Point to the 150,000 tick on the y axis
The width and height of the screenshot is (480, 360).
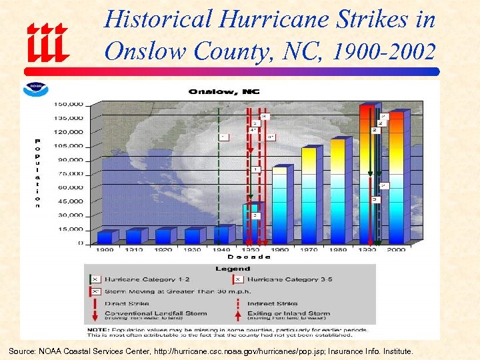pyautogui.click(x=69, y=104)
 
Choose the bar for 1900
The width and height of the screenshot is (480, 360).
pyautogui.click(x=105, y=237)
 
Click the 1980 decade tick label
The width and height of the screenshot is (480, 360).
pyautogui.click(x=339, y=249)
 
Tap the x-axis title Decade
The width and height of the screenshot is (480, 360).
pyautogui.click(x=249, y=257)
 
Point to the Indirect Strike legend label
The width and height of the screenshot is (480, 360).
pyautogui.click(x=275, y=303)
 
